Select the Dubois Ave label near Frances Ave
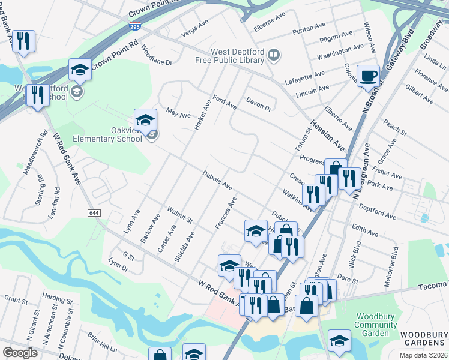[217, 181]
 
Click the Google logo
[20, 353]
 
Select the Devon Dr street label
[259, 104]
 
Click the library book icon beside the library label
[273, 56]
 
